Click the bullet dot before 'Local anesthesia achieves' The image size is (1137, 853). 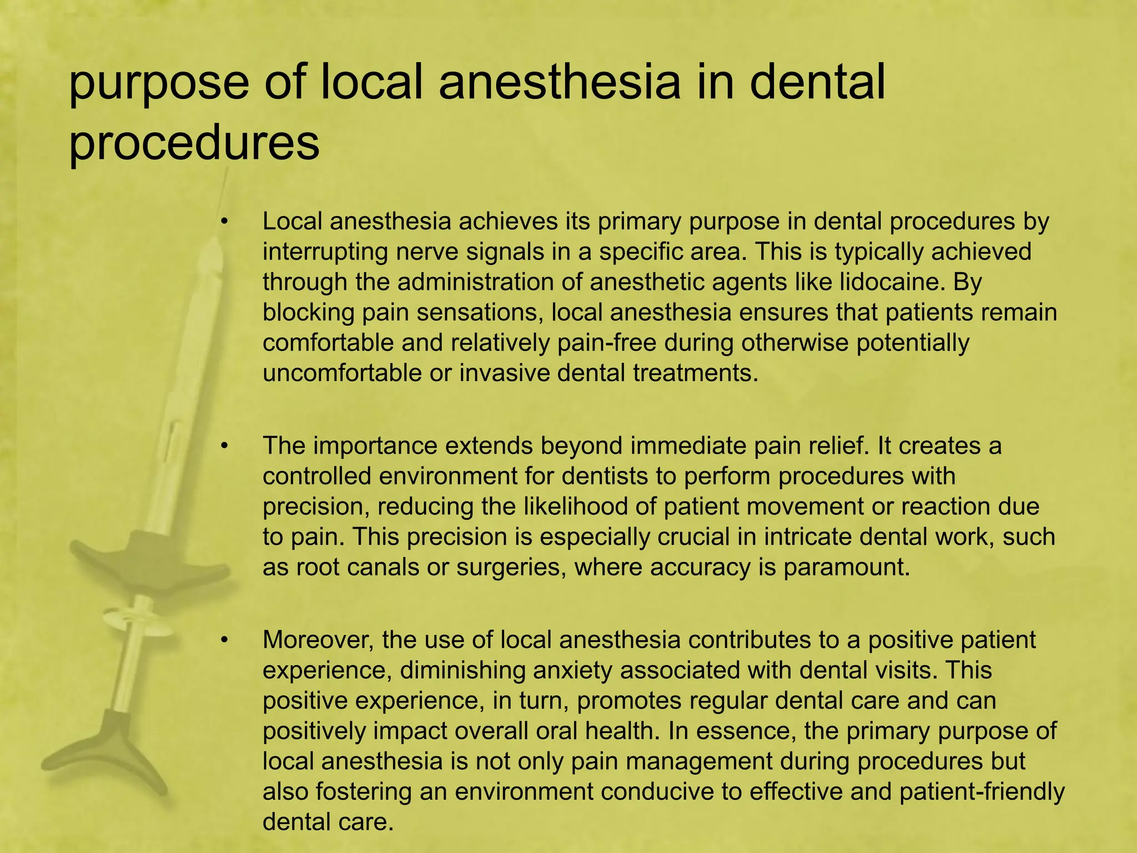[224, 222]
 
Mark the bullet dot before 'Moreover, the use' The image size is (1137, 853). [224, 640]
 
